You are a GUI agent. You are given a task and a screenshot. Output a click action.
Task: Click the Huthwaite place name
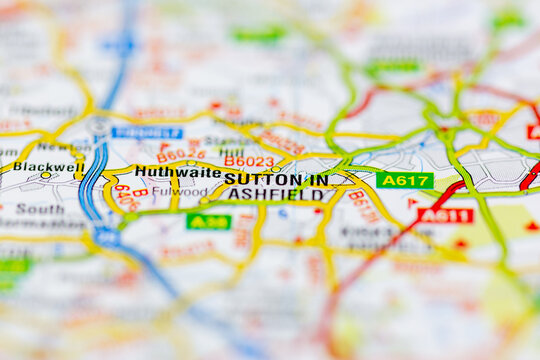[177, 172]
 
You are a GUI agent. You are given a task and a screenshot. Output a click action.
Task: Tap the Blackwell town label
[48, 167]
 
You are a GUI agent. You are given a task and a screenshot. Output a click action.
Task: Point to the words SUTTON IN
[275, 179]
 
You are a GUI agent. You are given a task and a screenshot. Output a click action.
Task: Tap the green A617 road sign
[404, 180]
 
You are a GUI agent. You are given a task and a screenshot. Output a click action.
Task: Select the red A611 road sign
[445, 215]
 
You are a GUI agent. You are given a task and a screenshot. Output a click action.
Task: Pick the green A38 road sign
[208, 221]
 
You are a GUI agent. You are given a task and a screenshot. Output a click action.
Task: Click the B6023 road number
[248, 161]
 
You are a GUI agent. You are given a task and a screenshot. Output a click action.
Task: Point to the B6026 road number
[181, 154]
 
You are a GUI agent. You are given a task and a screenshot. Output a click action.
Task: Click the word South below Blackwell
[40, 209]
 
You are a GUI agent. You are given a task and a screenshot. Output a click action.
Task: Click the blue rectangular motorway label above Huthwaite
[147, 132]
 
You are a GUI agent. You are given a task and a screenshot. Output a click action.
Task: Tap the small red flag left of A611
[411, 202]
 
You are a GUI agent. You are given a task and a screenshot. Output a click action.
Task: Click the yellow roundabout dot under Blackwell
[45, 176]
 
